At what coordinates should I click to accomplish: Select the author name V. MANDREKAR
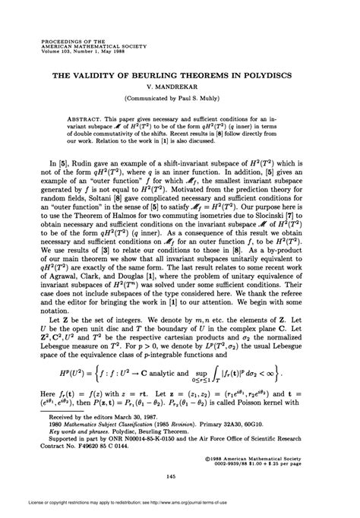click(180, 89)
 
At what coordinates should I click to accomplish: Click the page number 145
click(180, 476)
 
